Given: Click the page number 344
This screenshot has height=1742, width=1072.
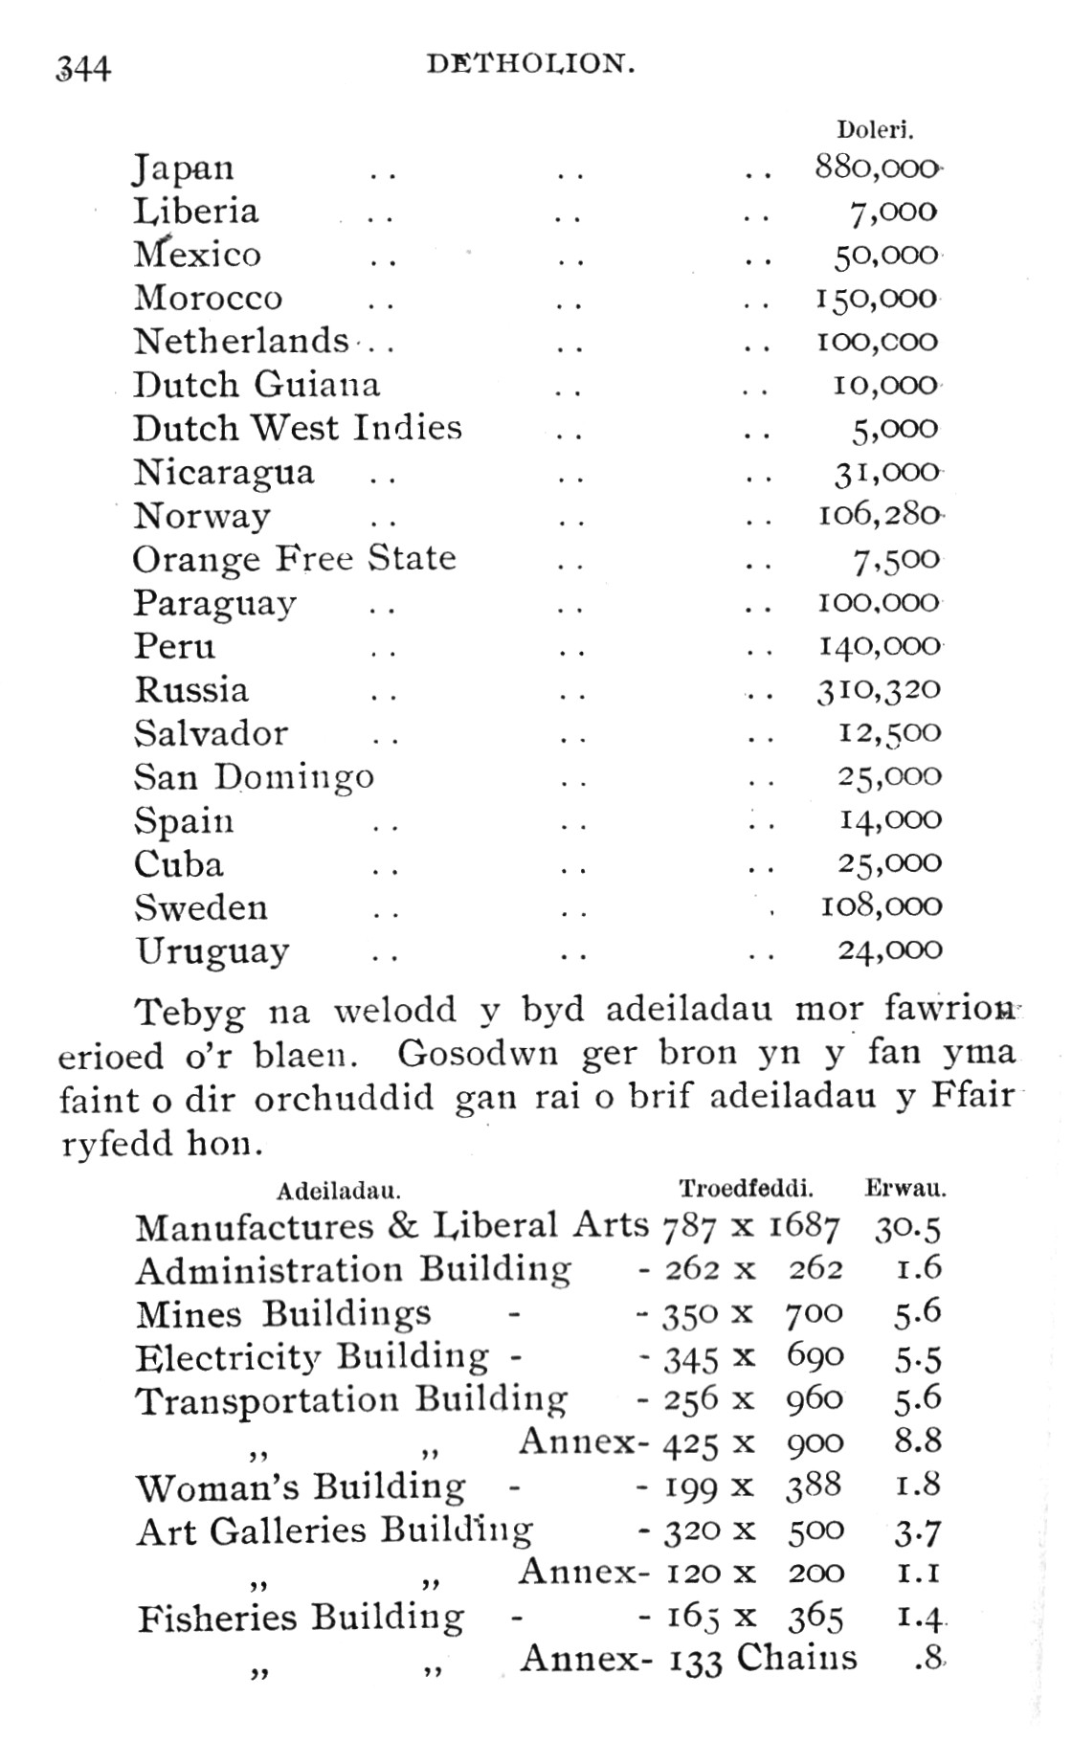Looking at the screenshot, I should [83, 68].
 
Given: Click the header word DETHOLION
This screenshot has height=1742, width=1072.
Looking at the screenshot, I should [530, 64].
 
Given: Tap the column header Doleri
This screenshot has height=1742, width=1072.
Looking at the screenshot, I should [875, 130].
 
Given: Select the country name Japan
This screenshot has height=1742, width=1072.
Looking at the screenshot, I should [183, 168].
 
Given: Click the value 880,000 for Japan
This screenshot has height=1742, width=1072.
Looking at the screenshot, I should [877, 167].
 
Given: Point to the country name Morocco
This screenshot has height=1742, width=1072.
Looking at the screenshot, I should [208, 298].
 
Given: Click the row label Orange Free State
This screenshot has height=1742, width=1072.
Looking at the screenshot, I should [294, 559].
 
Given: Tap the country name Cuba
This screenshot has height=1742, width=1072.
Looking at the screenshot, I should [179, 863].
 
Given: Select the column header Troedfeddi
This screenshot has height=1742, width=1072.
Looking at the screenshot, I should [746, 1190].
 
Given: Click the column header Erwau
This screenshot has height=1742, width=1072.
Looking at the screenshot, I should [905, 1190].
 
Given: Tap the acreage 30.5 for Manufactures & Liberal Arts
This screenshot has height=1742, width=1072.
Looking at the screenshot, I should [907, 1229].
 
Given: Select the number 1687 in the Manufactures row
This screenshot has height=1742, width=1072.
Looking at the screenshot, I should [804, 1228].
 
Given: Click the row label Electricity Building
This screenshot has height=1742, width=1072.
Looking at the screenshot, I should [312, 1357].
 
